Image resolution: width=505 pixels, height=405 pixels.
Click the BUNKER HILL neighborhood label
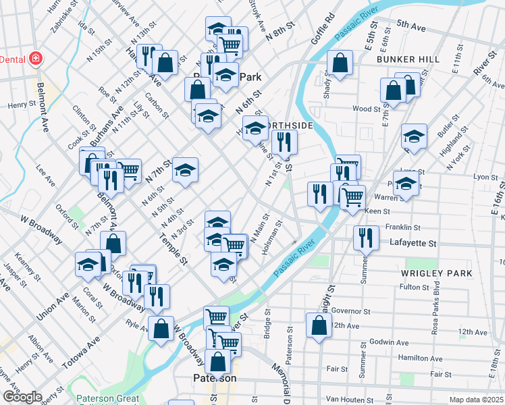(408, 59)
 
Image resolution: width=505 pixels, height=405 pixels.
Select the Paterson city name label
(214, 378)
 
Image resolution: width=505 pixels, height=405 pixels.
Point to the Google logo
(22, 397)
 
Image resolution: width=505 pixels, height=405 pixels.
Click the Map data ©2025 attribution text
(476, 400)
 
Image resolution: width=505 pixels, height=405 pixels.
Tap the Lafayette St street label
(414, 242)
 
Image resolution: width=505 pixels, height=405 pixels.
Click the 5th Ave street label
(411, 26)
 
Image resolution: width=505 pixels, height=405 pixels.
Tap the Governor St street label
(348, 311)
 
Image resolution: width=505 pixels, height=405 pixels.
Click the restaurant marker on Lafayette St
(365, 237)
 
